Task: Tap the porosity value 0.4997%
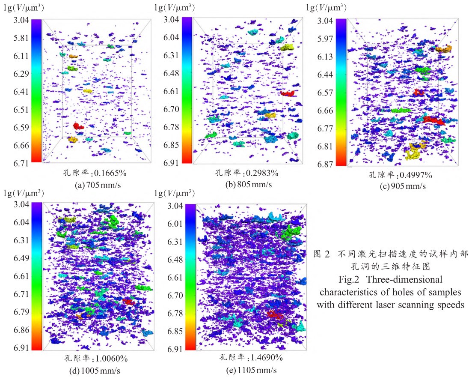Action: pyautogui.click(x=415, y=175)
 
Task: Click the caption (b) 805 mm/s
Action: pyautogui.click(x=247, y=184)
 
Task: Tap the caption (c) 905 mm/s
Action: pyautogui.click(x=401, y=186)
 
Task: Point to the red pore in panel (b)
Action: pyautogui.click(x=288, y=93)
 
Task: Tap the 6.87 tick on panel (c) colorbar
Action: pyautogui.click(x=324, y=164)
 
